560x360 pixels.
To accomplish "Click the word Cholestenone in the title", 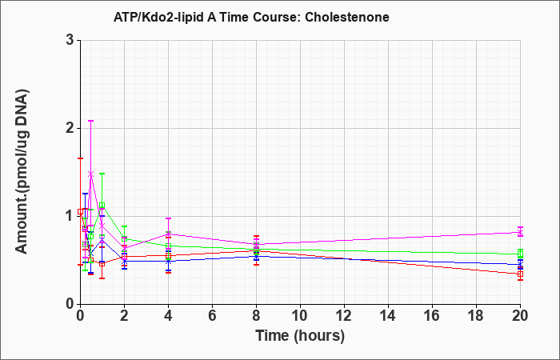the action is (x=347, y=17).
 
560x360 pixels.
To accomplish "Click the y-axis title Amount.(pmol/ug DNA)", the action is (x=22, y=172).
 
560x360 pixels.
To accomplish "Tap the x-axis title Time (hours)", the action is (x=300, y=336).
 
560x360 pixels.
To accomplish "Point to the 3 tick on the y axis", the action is (x=70, y=40).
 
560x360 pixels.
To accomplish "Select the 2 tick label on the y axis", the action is (x=70, y=128).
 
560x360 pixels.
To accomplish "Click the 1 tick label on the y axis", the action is (x=70, y=216).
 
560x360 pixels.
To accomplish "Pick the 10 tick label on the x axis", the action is (x=300, y=316).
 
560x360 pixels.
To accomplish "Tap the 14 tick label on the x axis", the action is (x=388, y=316).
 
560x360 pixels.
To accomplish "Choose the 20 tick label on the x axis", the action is (x=520, y=316).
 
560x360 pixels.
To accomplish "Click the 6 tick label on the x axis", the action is (x=212, y=316).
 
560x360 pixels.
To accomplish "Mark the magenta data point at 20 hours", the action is (x=520, y=233).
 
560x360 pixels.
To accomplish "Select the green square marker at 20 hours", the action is (x=520, y=254).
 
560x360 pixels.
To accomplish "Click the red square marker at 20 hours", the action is (x=520, y=274).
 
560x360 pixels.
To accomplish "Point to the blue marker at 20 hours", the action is (x=520, y=265).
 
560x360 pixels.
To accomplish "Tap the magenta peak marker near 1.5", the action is (x=91, y=174).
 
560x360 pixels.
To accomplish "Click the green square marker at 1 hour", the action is (x=102, y=206).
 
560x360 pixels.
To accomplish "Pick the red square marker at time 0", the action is (x=80, y=211).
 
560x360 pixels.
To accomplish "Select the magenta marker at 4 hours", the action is (x=168, y=234).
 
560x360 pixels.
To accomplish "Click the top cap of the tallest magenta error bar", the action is (x=91, y=121).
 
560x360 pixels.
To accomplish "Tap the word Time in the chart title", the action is (x=234, y=17).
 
